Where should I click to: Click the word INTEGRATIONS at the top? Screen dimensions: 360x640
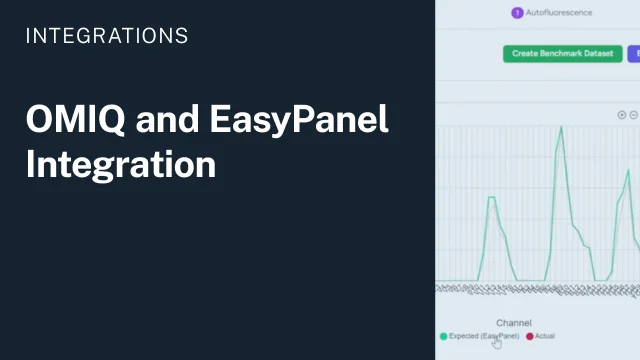tap(106, 36)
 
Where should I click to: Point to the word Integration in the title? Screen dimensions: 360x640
tap(121, 164)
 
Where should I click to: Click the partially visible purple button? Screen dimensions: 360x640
tap(634, 53)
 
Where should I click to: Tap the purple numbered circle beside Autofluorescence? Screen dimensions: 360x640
tap(517, 13)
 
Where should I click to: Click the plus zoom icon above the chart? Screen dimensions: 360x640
tap(622, 115)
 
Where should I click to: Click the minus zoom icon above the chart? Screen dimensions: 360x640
tap(633, 115)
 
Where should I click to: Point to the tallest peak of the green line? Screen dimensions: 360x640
tap(561, 127)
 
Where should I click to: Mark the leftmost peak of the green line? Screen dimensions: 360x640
tap(491, 197)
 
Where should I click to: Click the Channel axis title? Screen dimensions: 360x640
tap(513, 323)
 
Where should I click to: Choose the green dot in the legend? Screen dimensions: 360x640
tap(443, 336)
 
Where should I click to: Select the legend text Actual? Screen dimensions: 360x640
tap(545, 336)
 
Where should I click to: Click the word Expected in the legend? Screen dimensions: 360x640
tap(465, 336)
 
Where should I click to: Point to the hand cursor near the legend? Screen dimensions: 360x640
tap(497, 343)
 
